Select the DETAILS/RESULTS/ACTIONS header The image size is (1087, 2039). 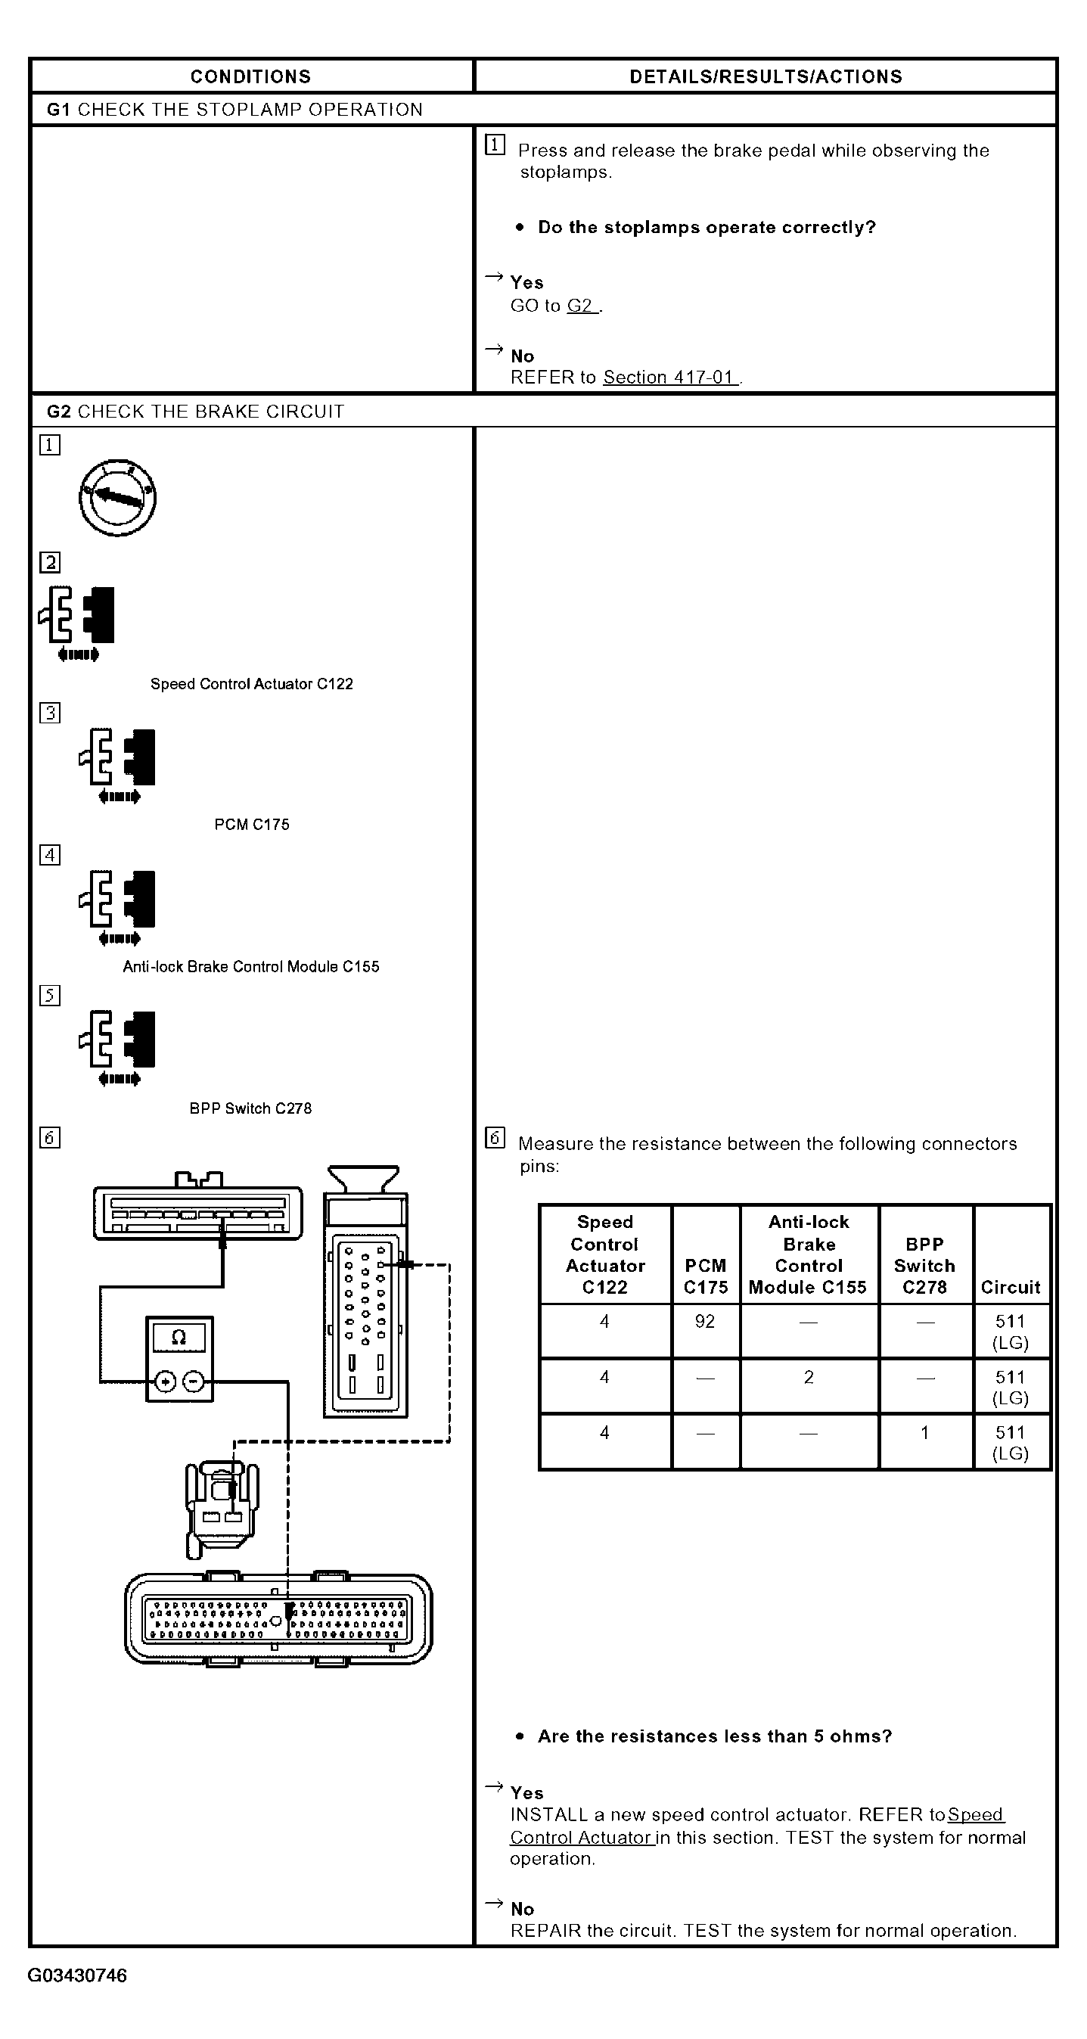(x=765, y=76)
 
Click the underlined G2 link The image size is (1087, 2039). (x=582, y=306)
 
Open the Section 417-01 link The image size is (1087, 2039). (x=670, y=377)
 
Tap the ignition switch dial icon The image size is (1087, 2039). (x=117, y=498)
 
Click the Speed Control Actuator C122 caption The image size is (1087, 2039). (x=252, y=684)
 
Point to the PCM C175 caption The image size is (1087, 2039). (x=252, y=825)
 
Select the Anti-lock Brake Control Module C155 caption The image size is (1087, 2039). (x=251, y=966)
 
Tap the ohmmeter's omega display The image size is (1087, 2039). (x=179, y=1338)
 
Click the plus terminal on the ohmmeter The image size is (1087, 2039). (x=165, y=1382)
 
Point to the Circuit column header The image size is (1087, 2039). (x=1011, y=1287)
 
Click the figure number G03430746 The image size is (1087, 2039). (x=77, y=1975)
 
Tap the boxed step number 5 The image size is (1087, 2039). (x=50, y=996)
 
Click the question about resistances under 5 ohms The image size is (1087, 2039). (x=714, y=1736)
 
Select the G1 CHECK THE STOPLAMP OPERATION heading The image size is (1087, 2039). (x=234, y=109)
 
